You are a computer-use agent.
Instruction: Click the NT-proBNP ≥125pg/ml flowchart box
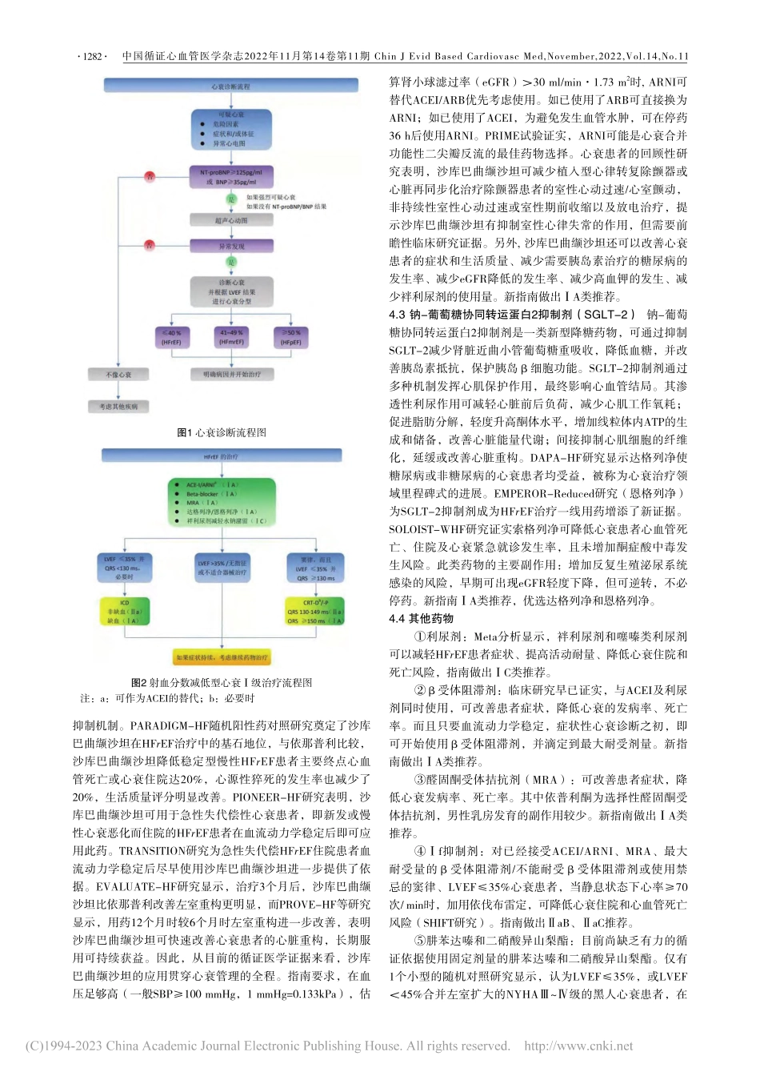231,177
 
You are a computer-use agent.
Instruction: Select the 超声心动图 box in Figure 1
231,219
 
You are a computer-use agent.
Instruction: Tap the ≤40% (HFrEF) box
171,337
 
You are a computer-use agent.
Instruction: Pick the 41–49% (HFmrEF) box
231,337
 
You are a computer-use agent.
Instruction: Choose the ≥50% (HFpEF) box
291,337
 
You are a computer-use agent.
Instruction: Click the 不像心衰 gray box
118,375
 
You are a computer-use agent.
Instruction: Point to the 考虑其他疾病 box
118,407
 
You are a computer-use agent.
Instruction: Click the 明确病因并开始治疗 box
231,374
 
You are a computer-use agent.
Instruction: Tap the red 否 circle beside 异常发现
149,245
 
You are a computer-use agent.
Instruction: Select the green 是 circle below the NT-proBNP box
231,199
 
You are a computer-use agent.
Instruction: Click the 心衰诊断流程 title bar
231,86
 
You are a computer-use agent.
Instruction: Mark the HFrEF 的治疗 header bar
221,456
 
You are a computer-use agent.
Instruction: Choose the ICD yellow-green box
125,611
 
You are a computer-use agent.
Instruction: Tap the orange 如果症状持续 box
222,658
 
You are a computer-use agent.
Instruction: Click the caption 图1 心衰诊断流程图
222,432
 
